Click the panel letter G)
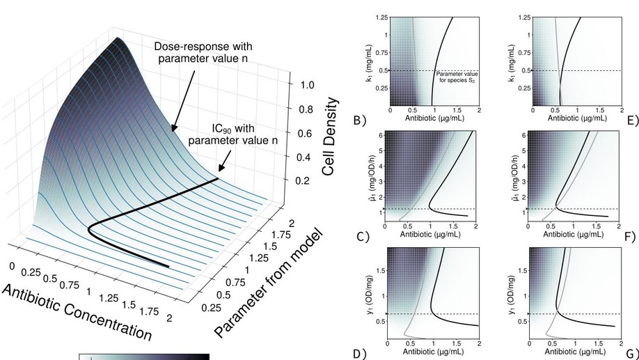[x=632, y=354]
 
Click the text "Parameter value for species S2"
[x=456, y=77]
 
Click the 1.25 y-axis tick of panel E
[x=519, y=17]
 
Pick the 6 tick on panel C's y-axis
[x=383, y=134]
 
